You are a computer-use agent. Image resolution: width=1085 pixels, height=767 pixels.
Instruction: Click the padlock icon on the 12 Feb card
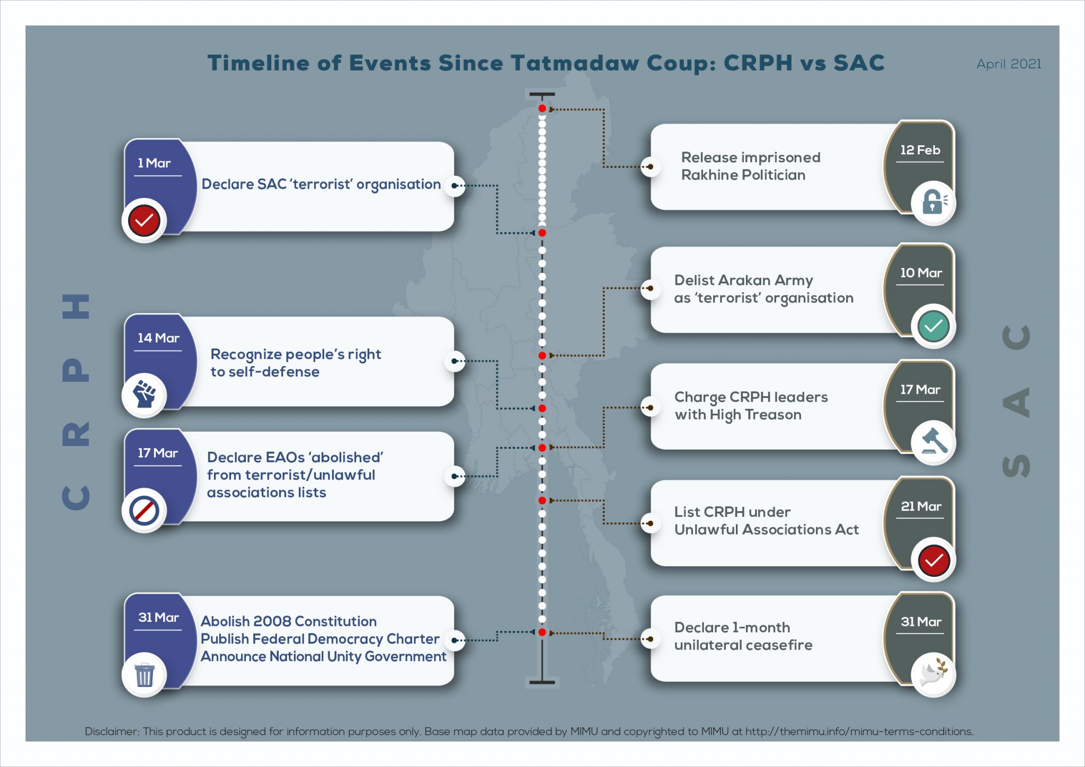click(933, 202)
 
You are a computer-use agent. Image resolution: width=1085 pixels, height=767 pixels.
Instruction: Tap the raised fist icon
click(144, 395)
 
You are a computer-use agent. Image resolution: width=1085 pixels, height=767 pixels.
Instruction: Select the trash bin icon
click(144, 675)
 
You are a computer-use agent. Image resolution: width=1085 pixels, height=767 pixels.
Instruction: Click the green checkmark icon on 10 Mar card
click(933, 326)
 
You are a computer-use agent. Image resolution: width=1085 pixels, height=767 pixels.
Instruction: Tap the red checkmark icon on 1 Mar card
click(144, 220)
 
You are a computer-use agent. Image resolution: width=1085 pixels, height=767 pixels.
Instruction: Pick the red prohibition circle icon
click(144, 511)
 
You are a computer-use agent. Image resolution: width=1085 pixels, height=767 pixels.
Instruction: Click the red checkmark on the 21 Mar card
click(933, 560)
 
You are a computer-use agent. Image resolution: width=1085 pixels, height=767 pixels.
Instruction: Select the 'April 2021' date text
click(1009, 64)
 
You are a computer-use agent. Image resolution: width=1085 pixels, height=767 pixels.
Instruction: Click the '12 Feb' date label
click(920, 150)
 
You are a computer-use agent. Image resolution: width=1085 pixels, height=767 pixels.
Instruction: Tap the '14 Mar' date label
click(158, 338)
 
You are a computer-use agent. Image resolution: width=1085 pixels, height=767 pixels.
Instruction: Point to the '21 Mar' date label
click(921, 506)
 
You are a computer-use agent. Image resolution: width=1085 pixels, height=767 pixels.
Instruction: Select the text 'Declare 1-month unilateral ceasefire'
click(743, 636)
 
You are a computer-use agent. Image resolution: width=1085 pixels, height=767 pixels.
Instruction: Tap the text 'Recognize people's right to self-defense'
click(296, 363)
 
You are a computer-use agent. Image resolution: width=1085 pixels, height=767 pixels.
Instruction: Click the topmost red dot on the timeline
click(542, 109)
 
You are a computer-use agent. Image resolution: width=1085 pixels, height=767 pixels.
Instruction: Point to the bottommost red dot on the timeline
click(542, 632)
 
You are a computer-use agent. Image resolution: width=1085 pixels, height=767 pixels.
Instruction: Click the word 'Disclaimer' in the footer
click(112, 732)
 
